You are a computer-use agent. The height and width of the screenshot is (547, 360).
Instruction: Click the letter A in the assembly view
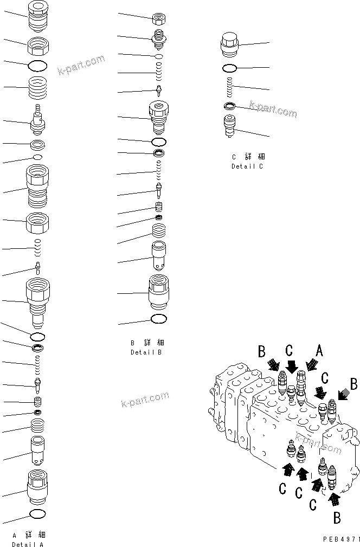(319, 352)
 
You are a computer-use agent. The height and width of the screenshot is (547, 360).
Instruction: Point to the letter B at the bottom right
(337, 518)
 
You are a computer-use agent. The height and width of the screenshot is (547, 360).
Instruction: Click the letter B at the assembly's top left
(262, 352)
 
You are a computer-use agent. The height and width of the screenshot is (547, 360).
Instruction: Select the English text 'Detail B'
(146, 352)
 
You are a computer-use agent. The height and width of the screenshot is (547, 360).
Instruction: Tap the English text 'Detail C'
(247, 166)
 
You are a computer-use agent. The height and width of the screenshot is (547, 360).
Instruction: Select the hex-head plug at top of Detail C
(230, 43)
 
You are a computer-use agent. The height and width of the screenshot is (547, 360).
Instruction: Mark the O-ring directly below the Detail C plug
(230, 68)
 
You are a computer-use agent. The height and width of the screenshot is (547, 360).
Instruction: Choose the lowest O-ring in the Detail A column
(37, 513)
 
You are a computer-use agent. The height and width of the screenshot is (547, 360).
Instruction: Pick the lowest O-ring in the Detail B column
(158, 319)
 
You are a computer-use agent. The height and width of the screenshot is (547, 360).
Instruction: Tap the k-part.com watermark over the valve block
(145, 402)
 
